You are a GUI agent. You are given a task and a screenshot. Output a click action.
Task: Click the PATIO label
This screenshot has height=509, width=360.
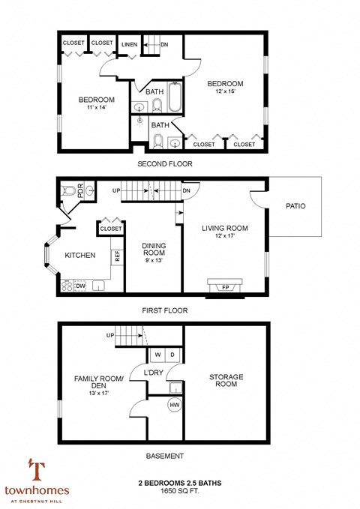pyautogui.click(x=294, y=205)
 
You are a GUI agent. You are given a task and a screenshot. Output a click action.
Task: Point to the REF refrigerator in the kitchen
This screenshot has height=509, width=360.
pyautogui.click(x=117, y=256)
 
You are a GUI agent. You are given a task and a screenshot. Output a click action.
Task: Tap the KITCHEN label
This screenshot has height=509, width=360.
pyautogui.click(x=80, y=256)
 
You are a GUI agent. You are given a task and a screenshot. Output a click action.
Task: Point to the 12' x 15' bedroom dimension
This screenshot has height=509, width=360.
pyautogui.click(x=225, y=91)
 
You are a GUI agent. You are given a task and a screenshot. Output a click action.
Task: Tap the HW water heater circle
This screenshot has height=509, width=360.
pyautogui.click(x=174, y=406)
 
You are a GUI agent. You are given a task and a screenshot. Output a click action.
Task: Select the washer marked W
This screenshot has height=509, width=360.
pyautogui.click(x=158, y=355)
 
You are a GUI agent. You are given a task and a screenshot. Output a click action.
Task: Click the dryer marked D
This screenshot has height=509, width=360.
pyautogui.click(x=173, y=355)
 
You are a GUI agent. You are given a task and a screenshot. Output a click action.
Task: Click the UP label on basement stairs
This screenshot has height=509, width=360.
pyautogui.click(x=110, y=335)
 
